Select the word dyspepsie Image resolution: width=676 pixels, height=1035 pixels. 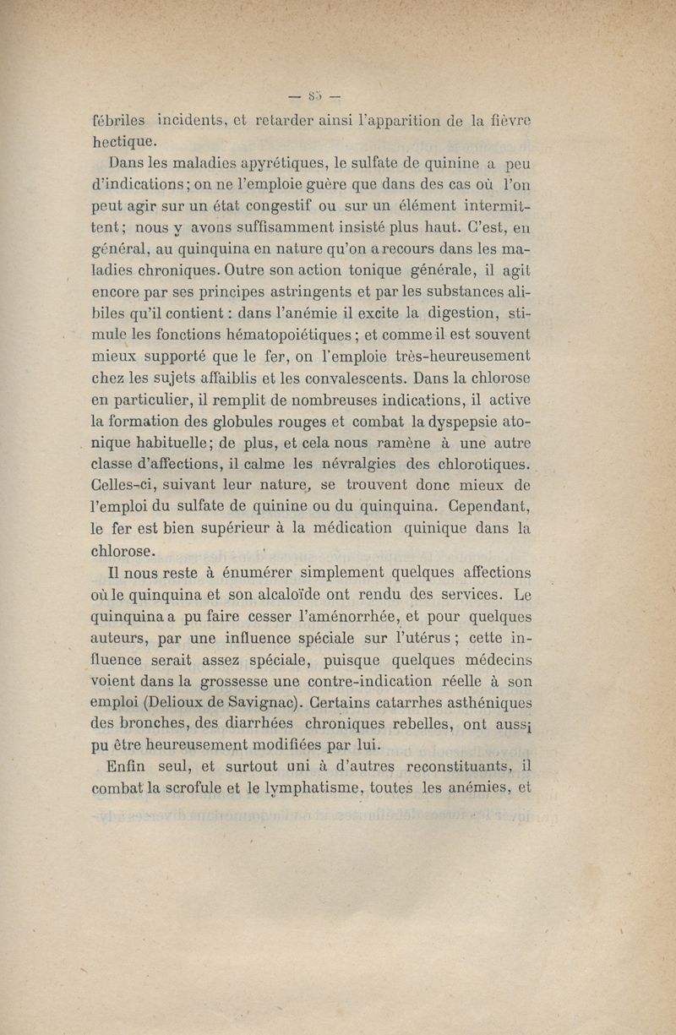pyautogui.click(x=475, y=423)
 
